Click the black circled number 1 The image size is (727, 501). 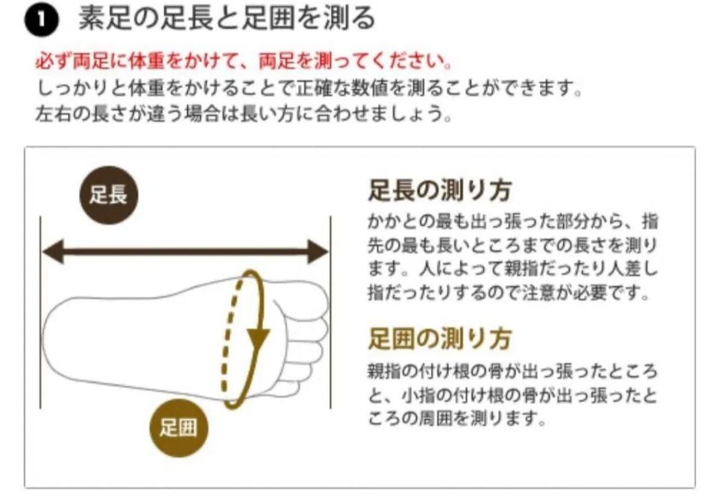42,22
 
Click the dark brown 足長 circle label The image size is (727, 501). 108,195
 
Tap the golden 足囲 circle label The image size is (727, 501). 178,428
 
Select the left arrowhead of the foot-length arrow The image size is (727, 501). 53,252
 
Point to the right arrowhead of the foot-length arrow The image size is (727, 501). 318,252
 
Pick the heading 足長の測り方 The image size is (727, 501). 440,190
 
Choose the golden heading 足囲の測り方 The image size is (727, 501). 440,338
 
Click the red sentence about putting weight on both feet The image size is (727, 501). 244,61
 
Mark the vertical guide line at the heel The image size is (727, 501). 40,312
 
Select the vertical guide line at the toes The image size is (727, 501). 331,312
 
